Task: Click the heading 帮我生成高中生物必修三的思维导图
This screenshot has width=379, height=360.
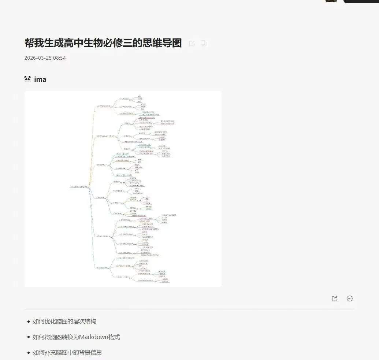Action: pyautogui.click(x=103, y=43)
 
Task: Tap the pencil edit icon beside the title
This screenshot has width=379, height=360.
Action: pyautogui.click(x=192, y=44)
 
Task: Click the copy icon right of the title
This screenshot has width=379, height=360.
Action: pyautogui.click(x=204, y=43)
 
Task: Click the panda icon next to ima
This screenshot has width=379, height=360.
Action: pyautogui.click(x=27, y=79)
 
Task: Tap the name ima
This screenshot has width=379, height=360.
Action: pyautogui.click(x=40, y=79)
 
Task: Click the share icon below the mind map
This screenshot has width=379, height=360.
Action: pyautogui.click(x=334, y=298)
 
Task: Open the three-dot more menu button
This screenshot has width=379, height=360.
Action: pyautogui.click(x=350, y=298)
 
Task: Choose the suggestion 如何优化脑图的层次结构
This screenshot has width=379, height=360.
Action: pyautogui.click(x=64, y=321)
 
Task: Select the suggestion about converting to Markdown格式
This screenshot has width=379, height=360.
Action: pyautogui.click(x=76, y=337)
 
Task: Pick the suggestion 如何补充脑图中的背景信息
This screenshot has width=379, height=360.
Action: pyautogui.click(x=67, y=352)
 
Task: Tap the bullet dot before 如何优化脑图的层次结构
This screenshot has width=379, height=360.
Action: pyautogui.click(x=29, y=322)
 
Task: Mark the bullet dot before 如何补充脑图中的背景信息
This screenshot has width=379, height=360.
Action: pyautogui.click(x=29, y=353)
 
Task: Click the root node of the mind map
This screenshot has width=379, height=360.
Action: pyautogui.click(x=78, y=187)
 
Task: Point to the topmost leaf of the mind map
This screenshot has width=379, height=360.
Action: pyautogui.click(x=139, y=96)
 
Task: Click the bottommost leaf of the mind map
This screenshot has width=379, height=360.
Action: pyautogui.click(x=165, y=282)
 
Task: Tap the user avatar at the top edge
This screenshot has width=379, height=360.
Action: pyautogui.click(x=331, y=1)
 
